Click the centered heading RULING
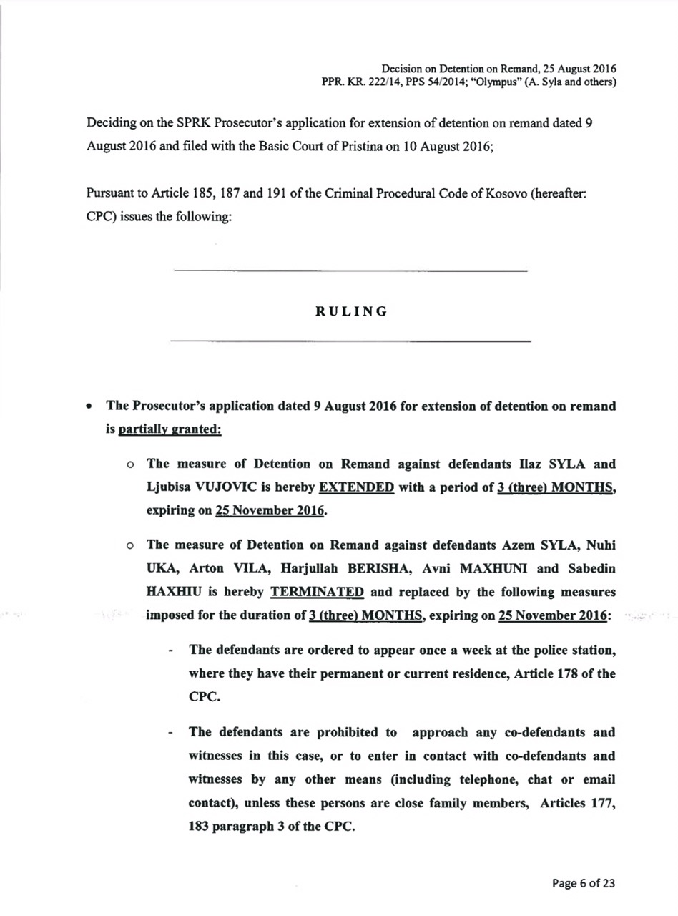pyautogui.click(x=351, y=312)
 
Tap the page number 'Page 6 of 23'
pyautogui.click(x=583, y=882)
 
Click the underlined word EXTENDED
pyautogui.click(x=356, y=488)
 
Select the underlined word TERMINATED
pyautogui.click(x=317, y=592)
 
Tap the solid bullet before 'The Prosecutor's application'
pyautogui.click(x=88, y=406)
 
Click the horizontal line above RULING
pyautogui.click(x=350, y=271)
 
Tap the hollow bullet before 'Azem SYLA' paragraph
pyautogui.click(x=130, y=546)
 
